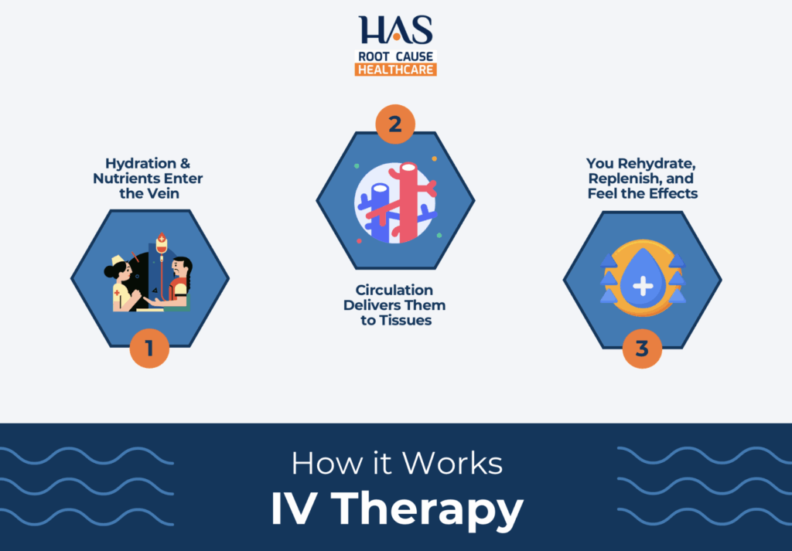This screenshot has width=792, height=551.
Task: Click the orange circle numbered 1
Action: (x=149, y=348)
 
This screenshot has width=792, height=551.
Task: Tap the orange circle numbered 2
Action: (x=394, y=124)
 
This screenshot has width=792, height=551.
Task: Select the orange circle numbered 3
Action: (x=642, y=348)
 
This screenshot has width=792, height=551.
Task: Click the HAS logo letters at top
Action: (x=395, y=30)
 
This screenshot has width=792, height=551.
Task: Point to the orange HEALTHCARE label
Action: (x=395, y=69)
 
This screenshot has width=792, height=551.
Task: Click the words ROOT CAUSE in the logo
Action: (x=395, y=56)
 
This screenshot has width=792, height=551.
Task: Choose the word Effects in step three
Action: (x=673, y=193)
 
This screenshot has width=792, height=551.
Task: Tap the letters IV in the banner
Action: (x=296, y=511)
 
